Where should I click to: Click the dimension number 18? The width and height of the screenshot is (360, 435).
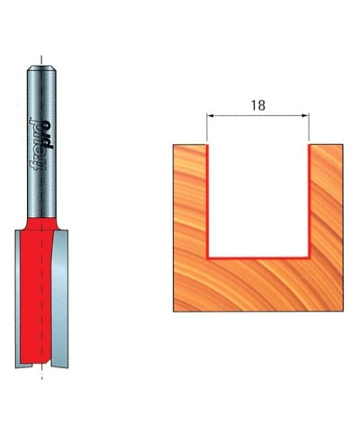point(258,104)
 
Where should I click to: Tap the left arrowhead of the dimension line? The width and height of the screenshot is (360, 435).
point(211,115)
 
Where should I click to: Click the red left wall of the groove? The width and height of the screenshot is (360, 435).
point(209,198)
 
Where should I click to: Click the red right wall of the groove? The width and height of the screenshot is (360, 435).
point(310,198)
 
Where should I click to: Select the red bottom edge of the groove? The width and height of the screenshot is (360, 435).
point(259,257)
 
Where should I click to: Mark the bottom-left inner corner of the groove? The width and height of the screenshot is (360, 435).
point(210,256)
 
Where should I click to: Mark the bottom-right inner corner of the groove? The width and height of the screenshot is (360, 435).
point(309,256)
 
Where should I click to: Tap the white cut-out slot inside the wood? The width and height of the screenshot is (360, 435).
point(259,198)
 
